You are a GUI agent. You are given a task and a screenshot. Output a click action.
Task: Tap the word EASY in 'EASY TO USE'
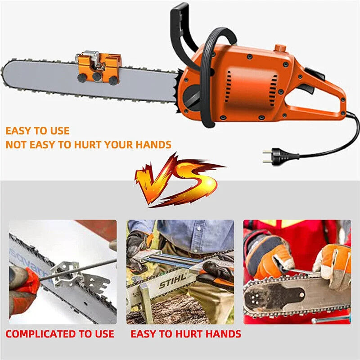(18, 131)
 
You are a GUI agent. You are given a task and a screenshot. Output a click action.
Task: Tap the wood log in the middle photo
(180, 310)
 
